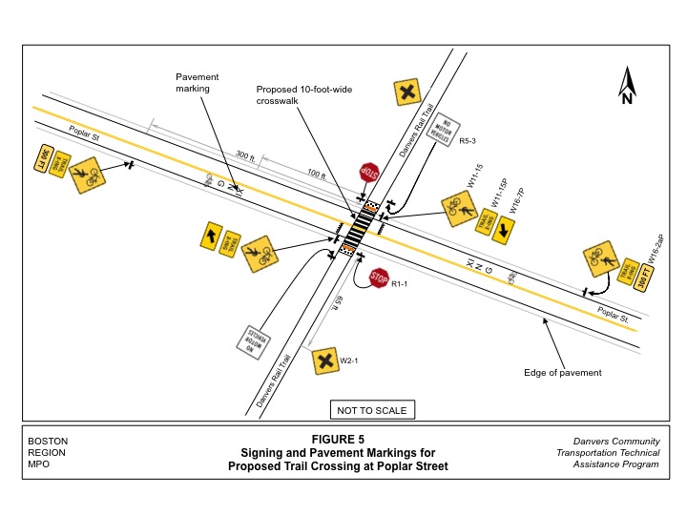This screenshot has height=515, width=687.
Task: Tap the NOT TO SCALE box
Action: click(372, 410)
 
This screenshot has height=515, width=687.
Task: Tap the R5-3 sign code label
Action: click(468, 141)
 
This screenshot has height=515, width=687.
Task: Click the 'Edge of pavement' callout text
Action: click(563, 372)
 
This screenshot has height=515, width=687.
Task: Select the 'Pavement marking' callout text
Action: click(198, 82)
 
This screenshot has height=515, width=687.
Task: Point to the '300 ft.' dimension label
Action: click(247, 156)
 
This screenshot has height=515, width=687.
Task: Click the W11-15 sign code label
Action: click(473, 176)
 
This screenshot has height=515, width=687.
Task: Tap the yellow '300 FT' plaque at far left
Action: click(44, 158)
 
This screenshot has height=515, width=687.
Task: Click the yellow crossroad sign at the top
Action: click(407, 93)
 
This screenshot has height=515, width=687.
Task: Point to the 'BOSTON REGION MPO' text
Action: click(48, 452)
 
